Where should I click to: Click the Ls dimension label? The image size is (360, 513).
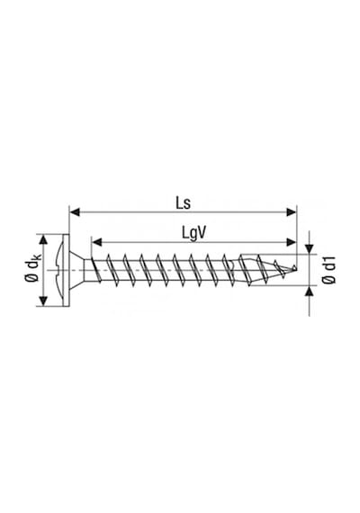(184, 203)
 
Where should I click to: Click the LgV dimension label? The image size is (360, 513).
(194, 234)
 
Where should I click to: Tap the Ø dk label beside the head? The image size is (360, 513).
(33, 270)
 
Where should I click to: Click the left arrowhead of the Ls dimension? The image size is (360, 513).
(76, 212)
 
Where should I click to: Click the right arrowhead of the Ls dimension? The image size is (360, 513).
(291, 212)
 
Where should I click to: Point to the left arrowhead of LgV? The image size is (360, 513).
(97, 242)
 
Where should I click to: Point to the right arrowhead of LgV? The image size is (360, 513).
(291, 242)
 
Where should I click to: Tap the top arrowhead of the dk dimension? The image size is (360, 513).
(43, 239)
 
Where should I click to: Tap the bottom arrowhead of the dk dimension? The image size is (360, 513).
(43, 301)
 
